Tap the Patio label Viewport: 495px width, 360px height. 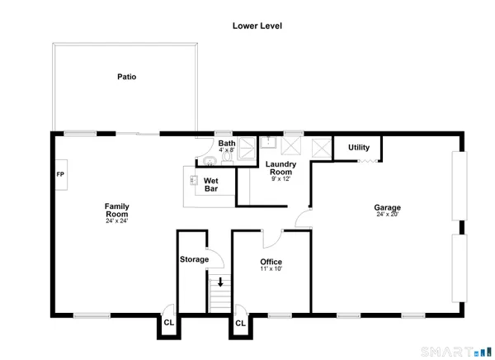point(125,77)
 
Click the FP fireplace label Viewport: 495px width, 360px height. point(59,175)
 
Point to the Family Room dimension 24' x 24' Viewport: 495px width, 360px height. point(116,220)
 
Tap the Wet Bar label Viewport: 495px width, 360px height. point(211,184)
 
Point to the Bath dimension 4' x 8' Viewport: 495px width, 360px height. point(227,150)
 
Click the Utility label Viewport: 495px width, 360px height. point(359,147)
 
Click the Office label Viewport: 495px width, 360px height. point(271,262)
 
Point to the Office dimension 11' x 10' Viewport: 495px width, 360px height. point(271,270)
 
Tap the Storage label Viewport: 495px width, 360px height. point(194,259)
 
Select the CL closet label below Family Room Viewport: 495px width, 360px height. point(168,323)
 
